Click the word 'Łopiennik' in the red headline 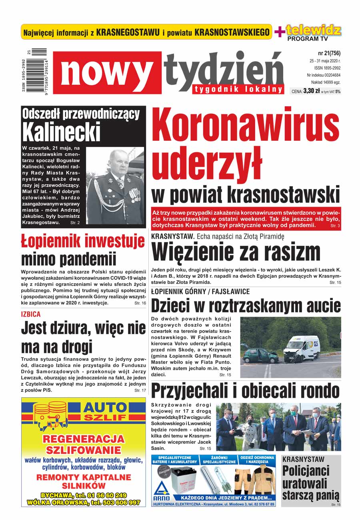click(57, 241)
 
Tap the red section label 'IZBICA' click(31, 315)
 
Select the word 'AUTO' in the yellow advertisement click(104, 408)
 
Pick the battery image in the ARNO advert click(182, 479)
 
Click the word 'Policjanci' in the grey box click(306, 470)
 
